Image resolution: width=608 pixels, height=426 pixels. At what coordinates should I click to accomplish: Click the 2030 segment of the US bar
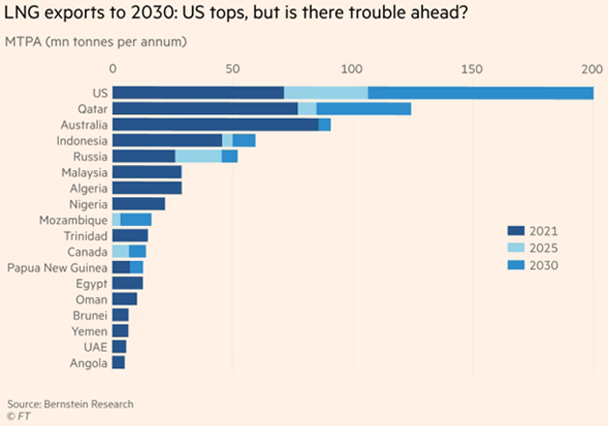(481, 93)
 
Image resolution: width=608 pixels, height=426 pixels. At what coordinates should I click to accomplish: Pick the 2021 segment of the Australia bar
(215, 125)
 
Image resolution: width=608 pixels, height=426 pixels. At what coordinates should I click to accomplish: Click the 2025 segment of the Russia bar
(199, 156)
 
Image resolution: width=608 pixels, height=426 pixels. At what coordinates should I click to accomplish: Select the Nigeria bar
(139, 204)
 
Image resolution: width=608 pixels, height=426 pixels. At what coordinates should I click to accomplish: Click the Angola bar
(119, 362)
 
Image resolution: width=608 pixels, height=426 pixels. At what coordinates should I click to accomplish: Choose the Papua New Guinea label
(56, 267)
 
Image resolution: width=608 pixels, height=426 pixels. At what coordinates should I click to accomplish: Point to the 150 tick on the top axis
(472, 69)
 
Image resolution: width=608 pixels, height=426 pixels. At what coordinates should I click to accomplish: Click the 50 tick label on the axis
(233, 69)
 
